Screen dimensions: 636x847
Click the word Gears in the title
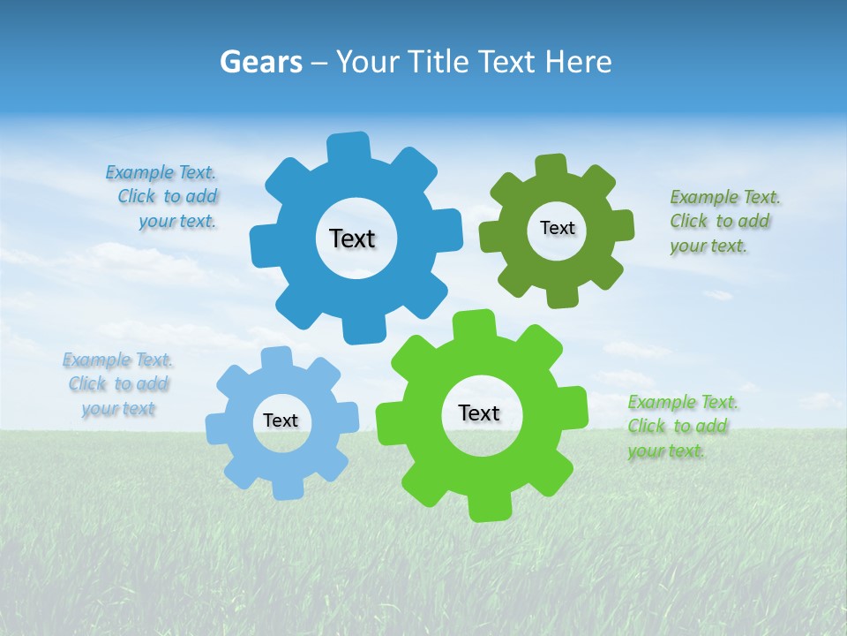coord(260,62)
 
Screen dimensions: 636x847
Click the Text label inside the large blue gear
coord(352,238)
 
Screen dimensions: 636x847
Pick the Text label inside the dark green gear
coord(557,228)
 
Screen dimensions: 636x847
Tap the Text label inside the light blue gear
coord(281,420)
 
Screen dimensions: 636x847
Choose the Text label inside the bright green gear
coord(479,413)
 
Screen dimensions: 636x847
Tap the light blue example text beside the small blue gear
coord(117,384)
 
